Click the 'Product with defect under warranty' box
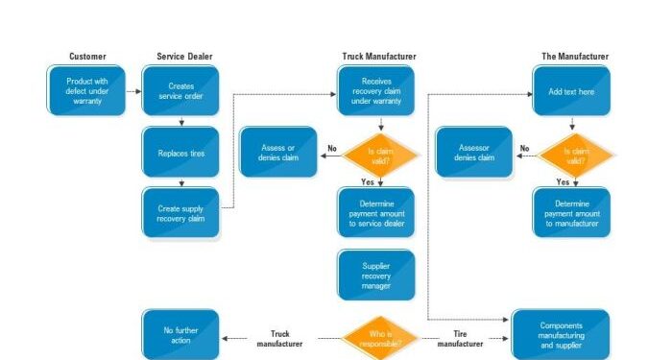tap(86, 90)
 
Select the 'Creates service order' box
tap(180, 90)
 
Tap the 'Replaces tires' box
tap(180, 153)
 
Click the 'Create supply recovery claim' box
tap(180, 212)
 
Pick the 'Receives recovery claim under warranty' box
tap(376, 90)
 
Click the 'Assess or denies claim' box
tap(277, 153)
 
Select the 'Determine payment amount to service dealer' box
tap(376, 212)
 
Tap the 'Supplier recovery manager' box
tap(376, 275)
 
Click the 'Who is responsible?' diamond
tap(382, 337)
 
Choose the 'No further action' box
tap(180, 335)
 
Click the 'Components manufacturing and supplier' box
tap(561, 335)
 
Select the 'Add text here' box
tap(572, 90)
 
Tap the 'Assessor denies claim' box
tap(473, 153)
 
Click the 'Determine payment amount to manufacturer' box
tap(572, 212)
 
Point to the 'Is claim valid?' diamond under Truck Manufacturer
tap(382, 153)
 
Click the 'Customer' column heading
tap(87, 57)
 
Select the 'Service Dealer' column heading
tap(184, 57)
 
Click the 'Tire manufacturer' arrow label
tap(468, 338)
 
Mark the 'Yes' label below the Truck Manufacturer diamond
tap(367, 181)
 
